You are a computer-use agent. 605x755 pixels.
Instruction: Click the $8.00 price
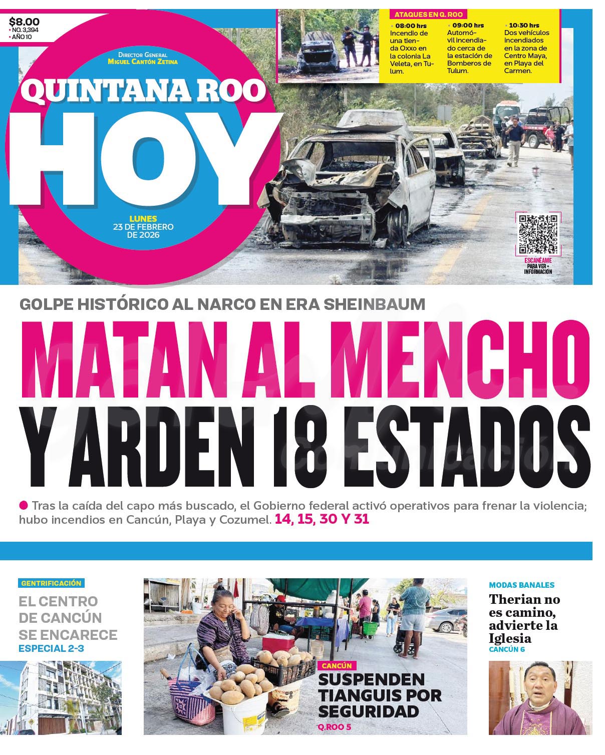click(x=24, y=22)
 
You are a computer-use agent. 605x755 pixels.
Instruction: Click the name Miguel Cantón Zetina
click(x=143, y=62)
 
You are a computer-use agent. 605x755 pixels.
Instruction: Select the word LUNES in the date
click(x=143, y=218)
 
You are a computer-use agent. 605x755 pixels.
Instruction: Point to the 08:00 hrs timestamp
click(x=411, y=25)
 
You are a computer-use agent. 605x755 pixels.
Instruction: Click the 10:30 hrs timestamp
click(x=524, y=25)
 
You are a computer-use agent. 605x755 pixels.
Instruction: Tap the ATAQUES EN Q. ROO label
click(x=428, y=15)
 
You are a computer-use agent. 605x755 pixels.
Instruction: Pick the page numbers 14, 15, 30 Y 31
click(x=322, y=519)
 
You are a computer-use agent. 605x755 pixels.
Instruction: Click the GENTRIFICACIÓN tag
click(x=51, y=583)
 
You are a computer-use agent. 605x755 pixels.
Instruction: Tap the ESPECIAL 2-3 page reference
click(x=52, y=648)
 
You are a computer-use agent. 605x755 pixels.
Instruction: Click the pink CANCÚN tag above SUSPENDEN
click(x=337, y=666)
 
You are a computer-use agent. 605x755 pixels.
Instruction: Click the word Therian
click(x=516, y=599)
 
